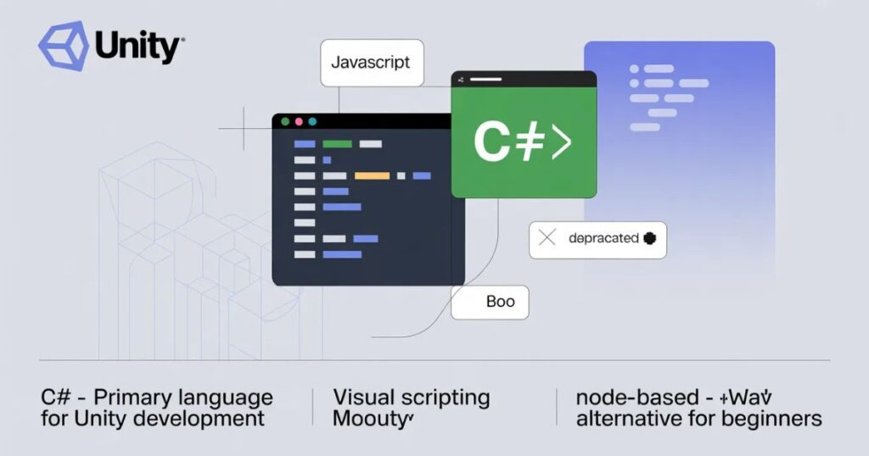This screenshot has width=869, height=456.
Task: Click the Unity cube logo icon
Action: pyautogui.click(x=64, y=46)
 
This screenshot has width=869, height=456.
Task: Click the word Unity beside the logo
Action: pyautogui.click(x=138, y=47)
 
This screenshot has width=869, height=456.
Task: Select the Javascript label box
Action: pyautogui.click(x=371, y=63)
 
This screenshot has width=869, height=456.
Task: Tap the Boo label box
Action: pyautogui.click(x=500, y=302)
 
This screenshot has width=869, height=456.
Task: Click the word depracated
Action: pyautogui.click(x=603, y=238)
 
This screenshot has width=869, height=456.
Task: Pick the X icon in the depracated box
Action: pyautogui.click(x=547, y=238)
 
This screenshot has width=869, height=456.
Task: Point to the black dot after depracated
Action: pyautogui.click(x=651, y=238)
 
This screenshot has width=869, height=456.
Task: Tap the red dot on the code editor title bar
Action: pyautogui.click(x=298, y=122)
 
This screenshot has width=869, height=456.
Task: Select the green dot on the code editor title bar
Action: pyautogui.click(x=284, y=122)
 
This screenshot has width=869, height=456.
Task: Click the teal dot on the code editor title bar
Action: pyautogui.click(x=312, y=122)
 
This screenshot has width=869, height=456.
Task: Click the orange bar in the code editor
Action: pyautogui.click(x=372, y=175)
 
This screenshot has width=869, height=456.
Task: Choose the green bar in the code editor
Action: pyautogui.click(x=337, y=144)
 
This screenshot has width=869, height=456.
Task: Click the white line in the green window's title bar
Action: pyautogui.click(x=494, y=80)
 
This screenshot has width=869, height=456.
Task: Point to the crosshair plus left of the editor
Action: pyautogui.click(x=244, y=129)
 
